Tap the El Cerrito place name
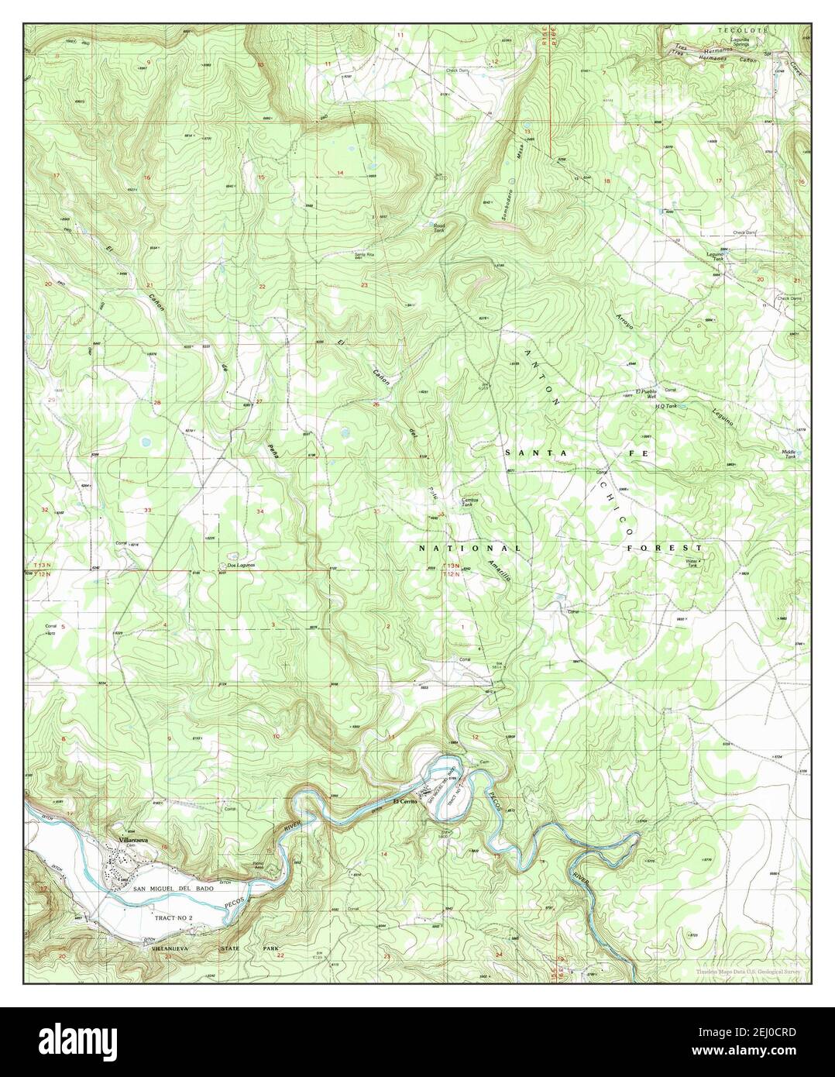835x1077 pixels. [405, 800]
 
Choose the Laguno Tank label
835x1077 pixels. [714, 256]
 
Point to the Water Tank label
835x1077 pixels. [691, 562]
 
